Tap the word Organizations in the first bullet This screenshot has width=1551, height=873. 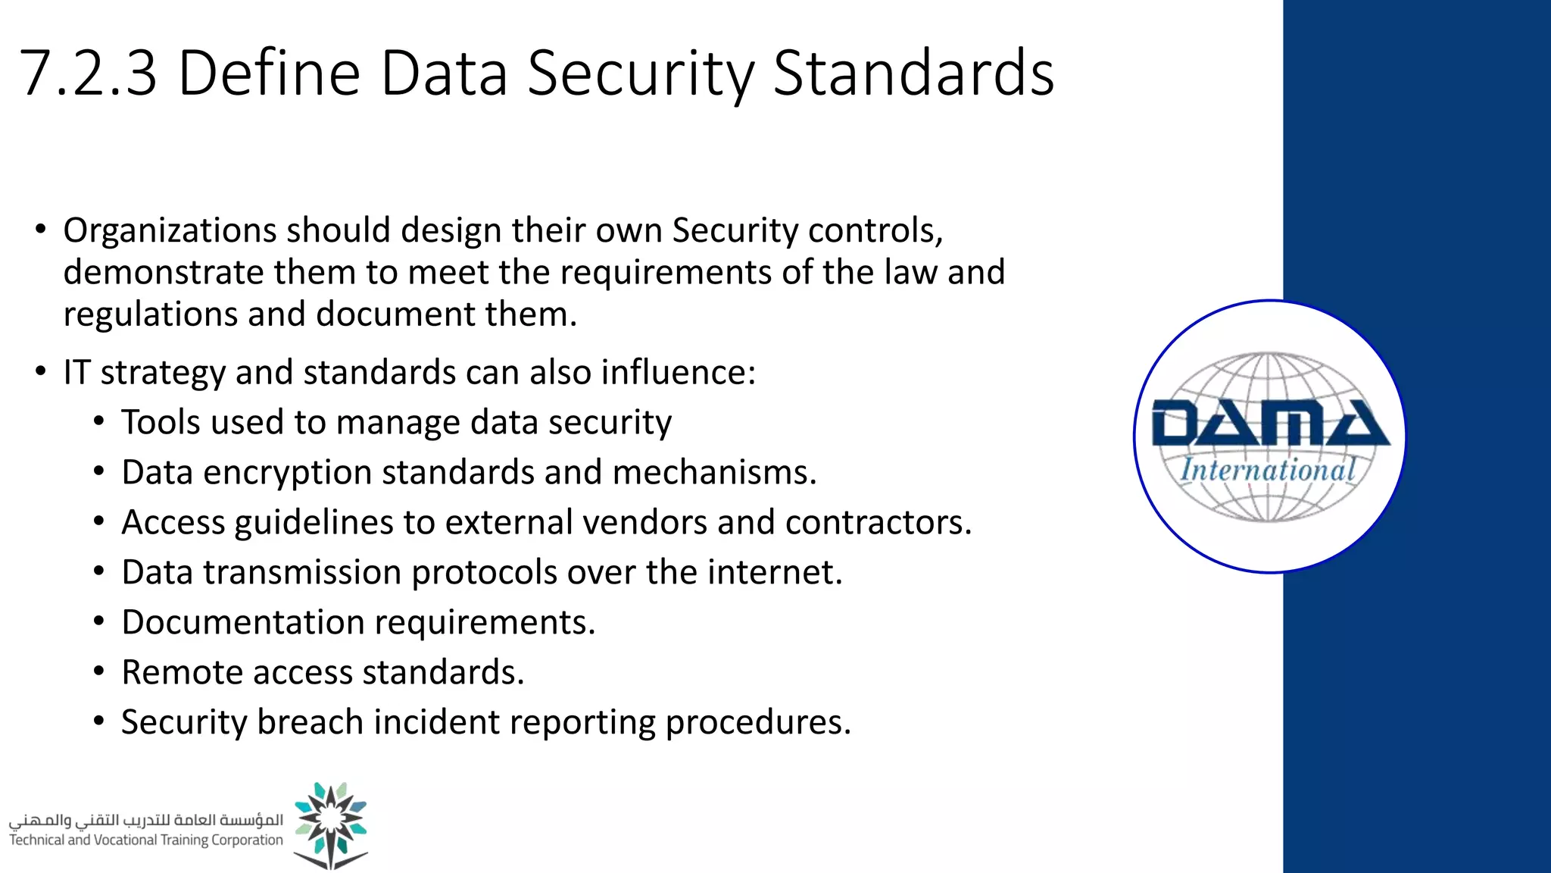click(170, 230)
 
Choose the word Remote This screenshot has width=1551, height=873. click(182, 673)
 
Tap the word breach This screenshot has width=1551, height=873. click(310, 722)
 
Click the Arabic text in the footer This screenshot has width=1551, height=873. click(146, 820)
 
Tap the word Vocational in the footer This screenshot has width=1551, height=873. click(126, 840)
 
